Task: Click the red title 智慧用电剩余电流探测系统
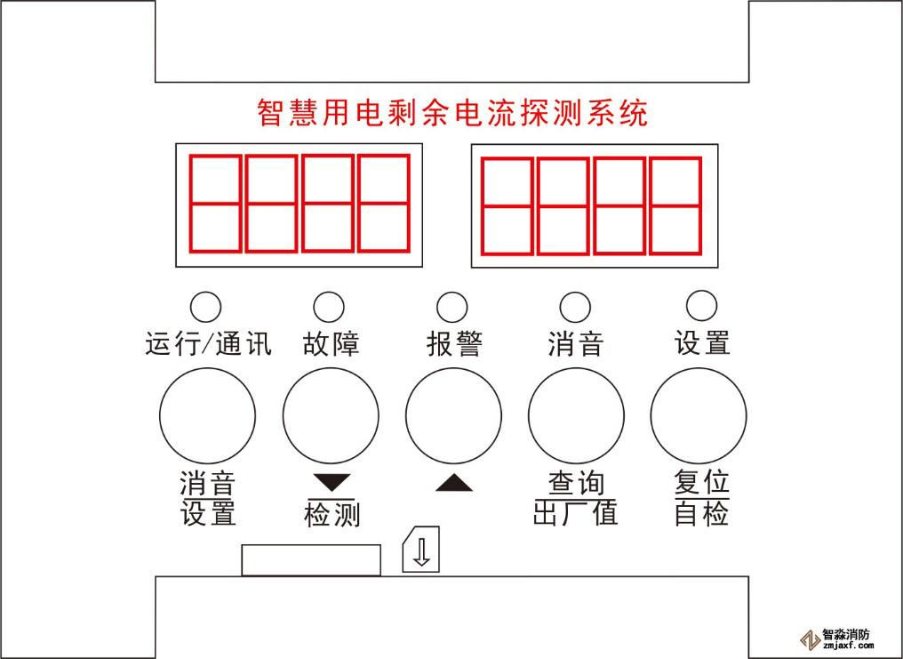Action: coord(452,112)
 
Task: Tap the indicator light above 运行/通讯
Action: coord(205,307)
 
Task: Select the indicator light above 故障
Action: coord(329,307)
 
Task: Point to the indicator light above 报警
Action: coord(452,307)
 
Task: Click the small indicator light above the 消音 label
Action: coord(575,307)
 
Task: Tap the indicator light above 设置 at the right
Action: coord(702,305)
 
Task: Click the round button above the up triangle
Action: coord(453,415)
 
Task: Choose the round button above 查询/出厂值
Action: coord(576,415)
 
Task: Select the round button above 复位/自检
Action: coord(699,415)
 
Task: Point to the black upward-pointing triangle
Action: coord(454,483)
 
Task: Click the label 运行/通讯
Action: coord(209,344)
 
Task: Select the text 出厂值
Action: coord(575,512)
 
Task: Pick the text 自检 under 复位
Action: coord(702,512)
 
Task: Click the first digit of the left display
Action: coord(215,204)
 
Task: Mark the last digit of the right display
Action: coord(675,205)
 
